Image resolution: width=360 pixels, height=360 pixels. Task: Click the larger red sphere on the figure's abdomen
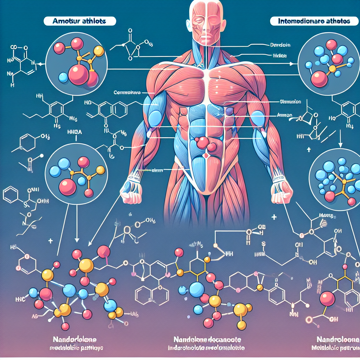202,143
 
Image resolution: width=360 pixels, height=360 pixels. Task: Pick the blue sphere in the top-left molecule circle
63,77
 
